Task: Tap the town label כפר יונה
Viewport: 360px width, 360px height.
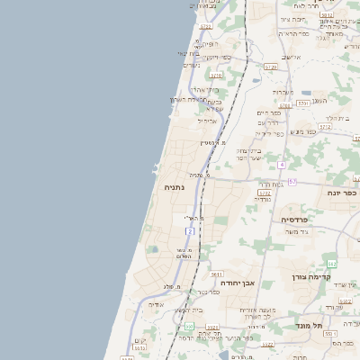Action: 344,192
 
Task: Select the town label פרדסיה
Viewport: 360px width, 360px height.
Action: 294,219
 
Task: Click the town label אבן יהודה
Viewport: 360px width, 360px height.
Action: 236,282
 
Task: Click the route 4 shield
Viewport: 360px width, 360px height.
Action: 282,165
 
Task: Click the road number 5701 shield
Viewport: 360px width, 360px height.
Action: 304,103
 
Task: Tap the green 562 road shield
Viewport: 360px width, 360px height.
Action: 331,263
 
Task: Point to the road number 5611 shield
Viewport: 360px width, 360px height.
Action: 216,274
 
